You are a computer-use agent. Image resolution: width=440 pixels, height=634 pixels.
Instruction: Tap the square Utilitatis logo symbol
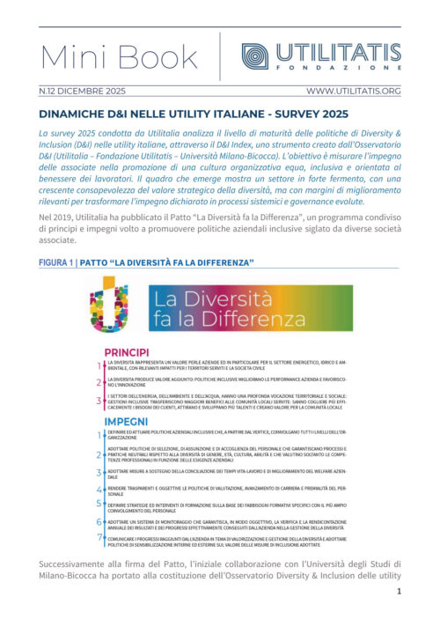(255, 55)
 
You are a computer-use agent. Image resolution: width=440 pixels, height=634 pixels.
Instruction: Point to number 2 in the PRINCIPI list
(99, 382)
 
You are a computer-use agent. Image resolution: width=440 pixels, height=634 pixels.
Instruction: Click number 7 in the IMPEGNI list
(99, 539)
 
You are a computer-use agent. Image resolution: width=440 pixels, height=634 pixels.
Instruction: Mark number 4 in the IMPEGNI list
(99, 487)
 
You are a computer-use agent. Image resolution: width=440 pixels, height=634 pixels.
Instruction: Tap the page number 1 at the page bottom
(398, 616)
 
